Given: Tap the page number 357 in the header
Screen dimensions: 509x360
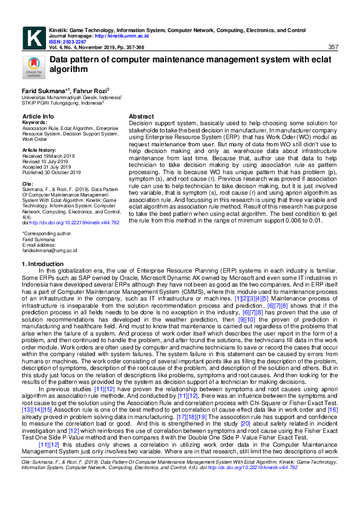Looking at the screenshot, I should click(x=333, y=47).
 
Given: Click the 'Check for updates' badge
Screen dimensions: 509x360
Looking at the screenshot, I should click(x=33, y=67).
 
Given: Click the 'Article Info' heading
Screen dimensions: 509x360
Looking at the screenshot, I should click(x=38, y=116).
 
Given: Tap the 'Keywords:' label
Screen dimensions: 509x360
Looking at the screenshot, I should click(x=35, y=122).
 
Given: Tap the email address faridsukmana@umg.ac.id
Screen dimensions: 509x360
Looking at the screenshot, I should click(x=50, y=250).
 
